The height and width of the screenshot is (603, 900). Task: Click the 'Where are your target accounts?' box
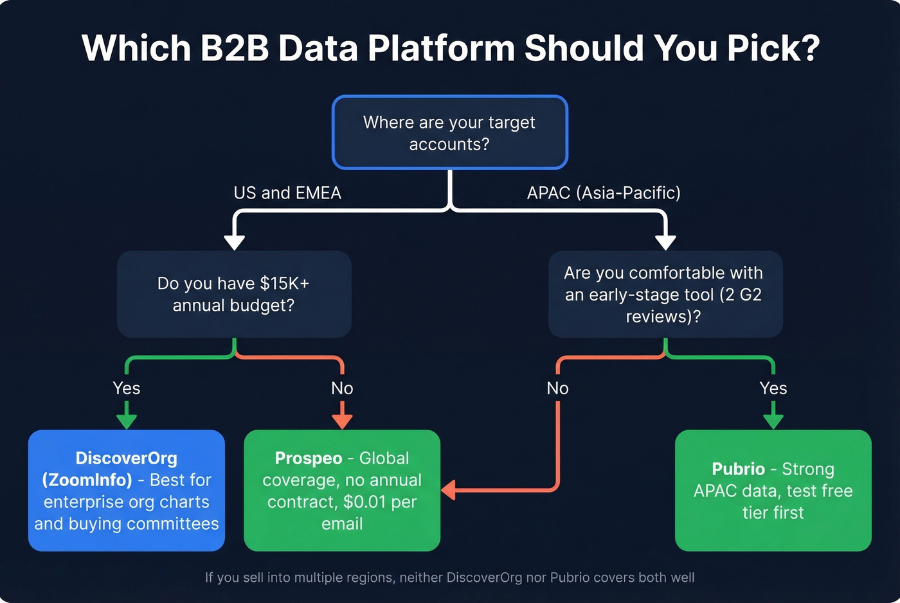coord(449,132)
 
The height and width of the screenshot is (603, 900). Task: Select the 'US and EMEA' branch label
coord(287,193)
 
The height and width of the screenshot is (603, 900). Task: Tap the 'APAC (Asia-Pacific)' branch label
coord(603,193)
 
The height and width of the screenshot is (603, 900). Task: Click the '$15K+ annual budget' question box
coord(234,294)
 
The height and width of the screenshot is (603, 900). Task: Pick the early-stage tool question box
coord(665,294)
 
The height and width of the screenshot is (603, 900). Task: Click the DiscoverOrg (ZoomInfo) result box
coord(127,491)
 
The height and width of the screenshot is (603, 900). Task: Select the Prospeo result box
coord(342,491)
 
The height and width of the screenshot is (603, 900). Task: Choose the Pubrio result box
coord(773,491)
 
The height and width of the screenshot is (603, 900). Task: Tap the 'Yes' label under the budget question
coord(127,388)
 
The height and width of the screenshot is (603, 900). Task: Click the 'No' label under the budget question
coord(342,388)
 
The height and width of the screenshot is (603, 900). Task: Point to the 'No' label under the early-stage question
coord(557,388)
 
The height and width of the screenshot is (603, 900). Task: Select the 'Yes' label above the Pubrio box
coord(773,388)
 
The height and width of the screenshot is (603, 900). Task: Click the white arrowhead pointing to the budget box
coord(234,242)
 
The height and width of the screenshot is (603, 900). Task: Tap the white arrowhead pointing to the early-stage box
coord(665,242)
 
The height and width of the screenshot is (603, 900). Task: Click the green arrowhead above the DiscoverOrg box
coord(127,421)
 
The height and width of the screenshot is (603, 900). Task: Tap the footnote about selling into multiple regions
coord(449,577)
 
